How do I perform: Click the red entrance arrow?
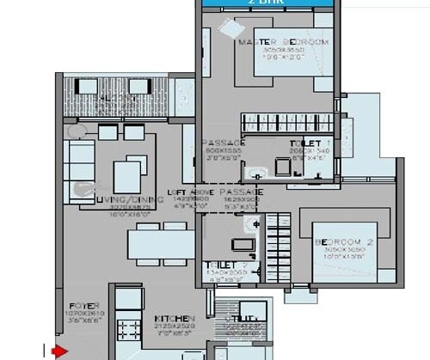click(x=59, y=351)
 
